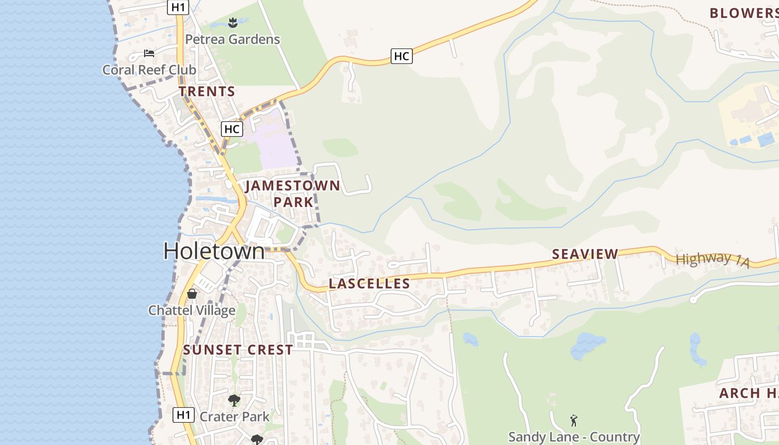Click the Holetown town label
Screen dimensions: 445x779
(x=214, y=251)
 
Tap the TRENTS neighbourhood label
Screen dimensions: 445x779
(x=207, y=92)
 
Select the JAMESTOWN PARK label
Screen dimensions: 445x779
(x=293, y=193)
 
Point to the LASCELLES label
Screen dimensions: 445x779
(x=369, y=284)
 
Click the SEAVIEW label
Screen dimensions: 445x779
(x=585, y=254)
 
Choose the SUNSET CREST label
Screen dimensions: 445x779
(x=238, y=350)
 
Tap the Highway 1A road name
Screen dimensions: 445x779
(x=712, y=259)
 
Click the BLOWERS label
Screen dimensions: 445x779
(x=743, y=13)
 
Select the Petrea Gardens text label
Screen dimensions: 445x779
(x=233, y=39)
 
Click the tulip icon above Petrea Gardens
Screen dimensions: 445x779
(x=233, y=23)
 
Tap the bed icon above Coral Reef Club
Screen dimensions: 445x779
(x=149, y=53)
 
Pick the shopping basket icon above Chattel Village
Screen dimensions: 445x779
(x=192, y=293)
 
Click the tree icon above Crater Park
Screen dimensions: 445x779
(x=234, y=400)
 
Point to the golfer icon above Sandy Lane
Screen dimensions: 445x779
(x=574, y=421)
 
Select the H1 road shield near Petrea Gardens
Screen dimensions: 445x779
(x=178, y=7)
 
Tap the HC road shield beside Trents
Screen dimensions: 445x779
(x=232, y=129)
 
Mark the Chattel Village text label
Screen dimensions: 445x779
(x=192, y=310)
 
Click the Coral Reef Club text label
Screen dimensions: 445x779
(x=149, y=70)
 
